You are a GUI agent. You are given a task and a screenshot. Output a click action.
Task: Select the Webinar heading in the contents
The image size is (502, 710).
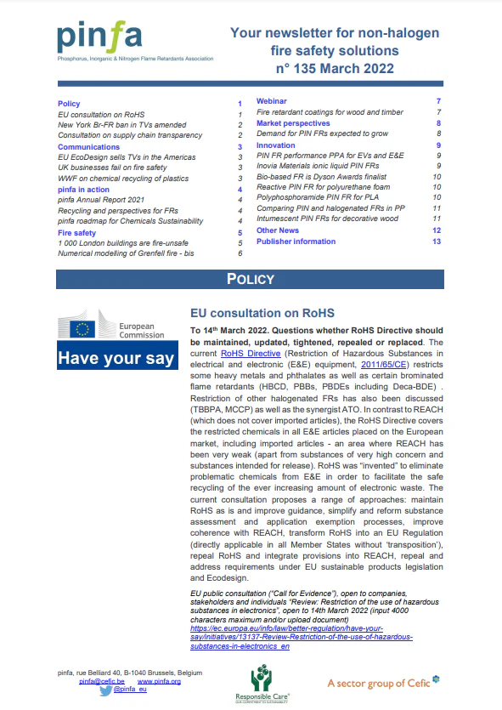tap(272, 102)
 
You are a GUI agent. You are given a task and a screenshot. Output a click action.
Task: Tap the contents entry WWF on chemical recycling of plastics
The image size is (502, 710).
tap(122, 179)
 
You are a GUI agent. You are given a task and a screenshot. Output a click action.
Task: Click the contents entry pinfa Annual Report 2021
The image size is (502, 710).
tap(99, 200)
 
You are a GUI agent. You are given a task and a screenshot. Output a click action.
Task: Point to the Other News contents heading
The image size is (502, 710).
tap(278, 230)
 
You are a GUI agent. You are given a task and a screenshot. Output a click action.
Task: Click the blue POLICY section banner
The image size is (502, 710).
tap(251, 279)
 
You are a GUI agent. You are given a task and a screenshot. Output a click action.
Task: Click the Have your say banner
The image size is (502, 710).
tap(116, 358)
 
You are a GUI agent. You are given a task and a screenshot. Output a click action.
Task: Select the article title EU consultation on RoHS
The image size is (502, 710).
tap(262, 313)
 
